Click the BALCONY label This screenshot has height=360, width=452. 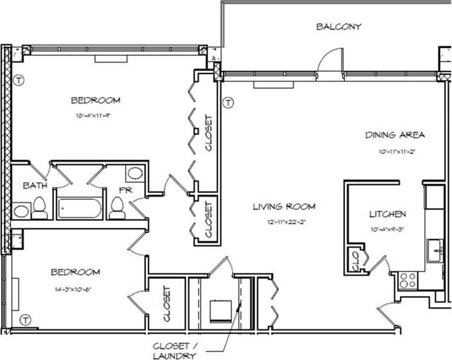tap(339, 26)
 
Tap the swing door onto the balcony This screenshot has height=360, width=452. tap(330, 61)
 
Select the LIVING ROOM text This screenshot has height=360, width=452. tap(284, 206)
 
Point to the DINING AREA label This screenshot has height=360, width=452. tap(395, 134)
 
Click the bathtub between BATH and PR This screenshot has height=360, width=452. tap(79, 209)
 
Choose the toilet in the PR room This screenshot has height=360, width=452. tap(117, 208)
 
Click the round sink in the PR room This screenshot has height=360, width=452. tap(135, 174)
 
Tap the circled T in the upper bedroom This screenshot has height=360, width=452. tap(19, 79)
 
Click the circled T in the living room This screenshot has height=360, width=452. tap(228, 103)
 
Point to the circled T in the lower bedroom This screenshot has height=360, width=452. tap(26, 318)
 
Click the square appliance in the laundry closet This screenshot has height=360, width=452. tap(218, 311)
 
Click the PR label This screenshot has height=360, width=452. tap(125, 188)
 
